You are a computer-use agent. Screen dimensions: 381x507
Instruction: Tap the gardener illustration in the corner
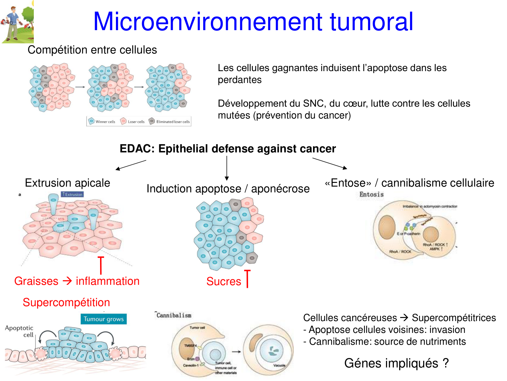pos(17,22)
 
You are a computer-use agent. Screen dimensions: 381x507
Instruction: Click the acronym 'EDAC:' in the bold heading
pos(137,149)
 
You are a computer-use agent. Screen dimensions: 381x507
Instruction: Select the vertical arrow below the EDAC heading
pos(227,168)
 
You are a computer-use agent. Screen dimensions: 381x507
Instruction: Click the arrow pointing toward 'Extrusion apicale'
pos(131,165)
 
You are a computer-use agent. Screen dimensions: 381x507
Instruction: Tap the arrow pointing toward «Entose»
pos(330,163)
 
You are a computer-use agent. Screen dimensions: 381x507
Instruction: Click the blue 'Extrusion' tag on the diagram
pos(72,194)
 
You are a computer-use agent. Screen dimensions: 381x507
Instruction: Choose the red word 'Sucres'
pos(224,281)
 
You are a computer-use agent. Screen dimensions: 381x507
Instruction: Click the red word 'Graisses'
pos(36,281)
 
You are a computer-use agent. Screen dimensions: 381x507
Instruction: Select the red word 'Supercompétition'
pos(66,302)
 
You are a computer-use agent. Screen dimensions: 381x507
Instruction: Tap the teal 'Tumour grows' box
pos(103,319)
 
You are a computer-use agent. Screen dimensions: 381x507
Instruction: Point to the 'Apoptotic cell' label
pos(20,331)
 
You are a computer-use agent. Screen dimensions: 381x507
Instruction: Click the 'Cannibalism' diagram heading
pos(174,315)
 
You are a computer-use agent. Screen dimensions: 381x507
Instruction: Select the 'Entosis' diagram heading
pos(371,194)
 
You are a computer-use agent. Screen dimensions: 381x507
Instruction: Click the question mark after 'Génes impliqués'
pos(446,363)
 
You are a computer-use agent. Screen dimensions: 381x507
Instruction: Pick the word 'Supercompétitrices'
pos(454,318)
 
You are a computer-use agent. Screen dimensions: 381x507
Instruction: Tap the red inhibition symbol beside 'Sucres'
pos(247,278)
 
